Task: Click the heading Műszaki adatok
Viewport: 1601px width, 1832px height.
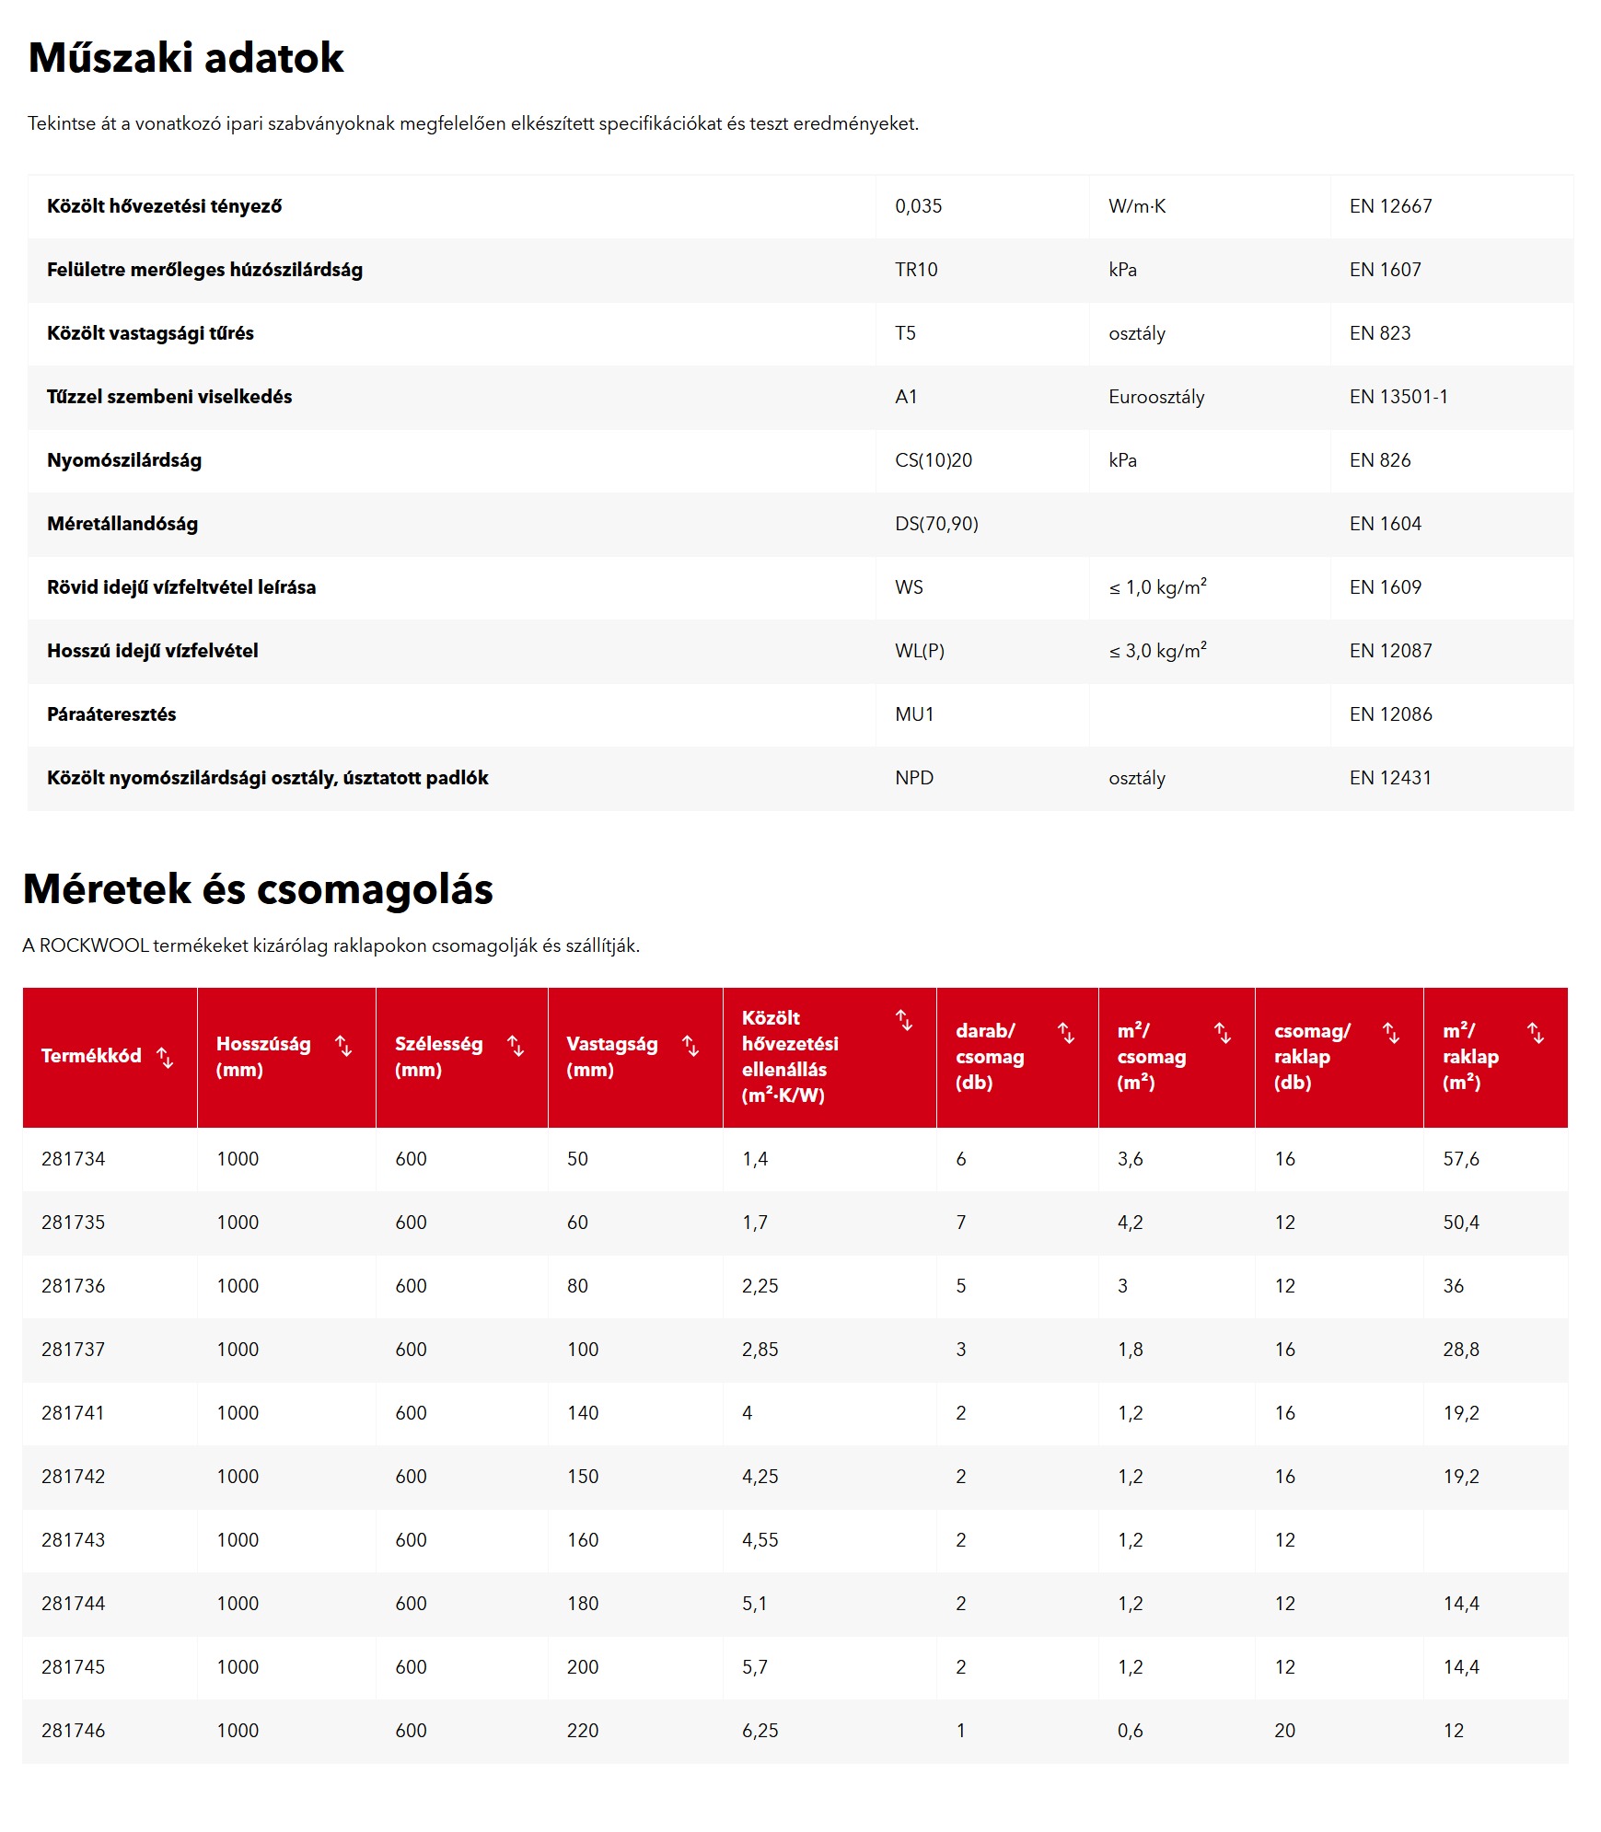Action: coord(186,58)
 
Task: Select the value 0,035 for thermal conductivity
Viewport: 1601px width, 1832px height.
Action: coord(918,206)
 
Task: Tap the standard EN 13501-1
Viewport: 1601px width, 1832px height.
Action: coord(1398,397)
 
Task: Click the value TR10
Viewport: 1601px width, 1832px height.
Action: coord(916,270)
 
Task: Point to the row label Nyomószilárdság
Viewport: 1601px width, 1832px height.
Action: coord(124,460)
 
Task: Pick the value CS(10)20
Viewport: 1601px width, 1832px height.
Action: coord(933,460)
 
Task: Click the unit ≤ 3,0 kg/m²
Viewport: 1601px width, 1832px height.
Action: coord(1157,651)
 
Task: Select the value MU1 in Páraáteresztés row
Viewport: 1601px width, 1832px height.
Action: coord(914,714)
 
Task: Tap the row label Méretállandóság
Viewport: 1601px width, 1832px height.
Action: coord(122,524)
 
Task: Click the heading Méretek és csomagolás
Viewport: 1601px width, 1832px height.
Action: coord(258,889)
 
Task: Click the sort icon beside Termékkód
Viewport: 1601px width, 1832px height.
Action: coord(166,1058)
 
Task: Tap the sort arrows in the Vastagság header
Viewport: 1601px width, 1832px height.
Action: coord(690,1046)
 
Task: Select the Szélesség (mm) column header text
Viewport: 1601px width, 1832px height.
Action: coord(438,1056)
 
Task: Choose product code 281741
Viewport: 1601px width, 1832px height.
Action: coord(73,1413)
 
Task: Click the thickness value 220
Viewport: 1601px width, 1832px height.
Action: coord(583,1731)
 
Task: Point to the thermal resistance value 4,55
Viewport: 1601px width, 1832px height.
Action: coord(760,1540)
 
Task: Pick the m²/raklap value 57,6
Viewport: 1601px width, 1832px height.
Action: coord(1461,1159)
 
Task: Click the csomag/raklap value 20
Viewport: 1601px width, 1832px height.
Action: coord(1284,1731)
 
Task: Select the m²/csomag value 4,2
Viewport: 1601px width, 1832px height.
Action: coord(1130,1223)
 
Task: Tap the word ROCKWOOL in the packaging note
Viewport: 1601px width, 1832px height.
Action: coord(94,945)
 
